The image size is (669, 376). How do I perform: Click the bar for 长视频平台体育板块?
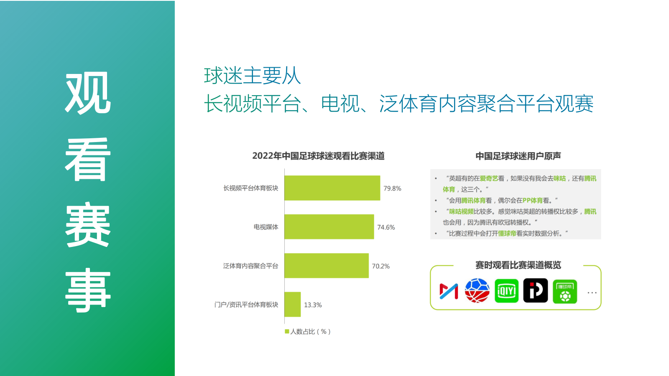(332, 188)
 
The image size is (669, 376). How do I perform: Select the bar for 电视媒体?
(329, 227)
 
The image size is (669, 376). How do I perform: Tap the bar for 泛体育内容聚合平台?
(327, 266)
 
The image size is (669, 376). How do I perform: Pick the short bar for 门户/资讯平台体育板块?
(293, 305)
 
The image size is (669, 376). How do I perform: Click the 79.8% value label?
(392, 188)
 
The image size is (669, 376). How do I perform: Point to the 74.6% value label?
(386, 227)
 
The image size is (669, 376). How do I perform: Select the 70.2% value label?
(380, 266)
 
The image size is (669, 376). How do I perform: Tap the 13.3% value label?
(313, 305)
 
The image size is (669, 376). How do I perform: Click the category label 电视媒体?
(266, 227)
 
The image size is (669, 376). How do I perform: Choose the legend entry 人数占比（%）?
(308, 331)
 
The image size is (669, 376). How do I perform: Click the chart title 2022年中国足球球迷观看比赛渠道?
(318, 156)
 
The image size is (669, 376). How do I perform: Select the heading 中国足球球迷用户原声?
(518, 156)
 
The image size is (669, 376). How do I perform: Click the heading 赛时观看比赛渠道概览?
(518, 265)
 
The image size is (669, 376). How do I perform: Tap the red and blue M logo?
(449, 291)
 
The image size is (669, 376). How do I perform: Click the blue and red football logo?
(477, 291)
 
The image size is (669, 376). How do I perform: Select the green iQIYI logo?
(506, 291)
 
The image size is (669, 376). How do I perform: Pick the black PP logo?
(536, 291)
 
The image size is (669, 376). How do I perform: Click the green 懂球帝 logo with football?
(565, 292)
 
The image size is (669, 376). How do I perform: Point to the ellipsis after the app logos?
(592, 292)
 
